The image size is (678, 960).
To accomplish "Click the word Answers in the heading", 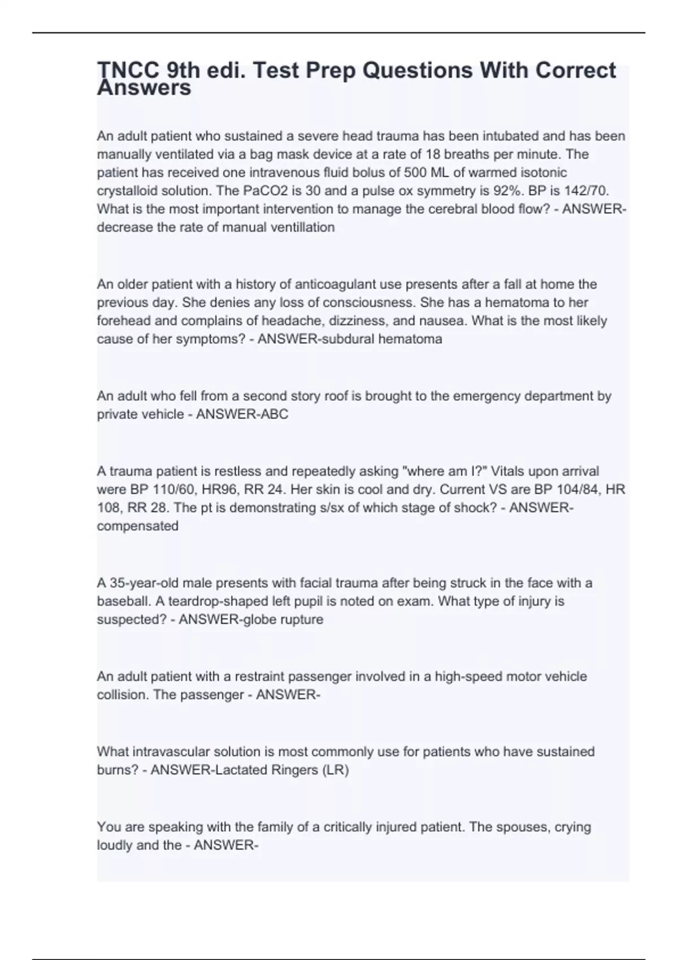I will pyautogui.click(x=144, y=88).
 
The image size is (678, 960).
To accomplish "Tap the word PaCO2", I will pyautogui.click(x=264, y=191).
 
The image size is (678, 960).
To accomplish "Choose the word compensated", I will pyautogui.click(x=138, y=526).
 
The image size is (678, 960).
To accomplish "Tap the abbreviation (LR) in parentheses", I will pyautogui.click(x=336, y=770).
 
